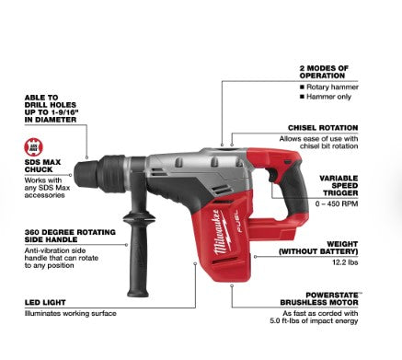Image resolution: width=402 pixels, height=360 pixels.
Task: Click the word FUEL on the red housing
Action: (x=239, y=222)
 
